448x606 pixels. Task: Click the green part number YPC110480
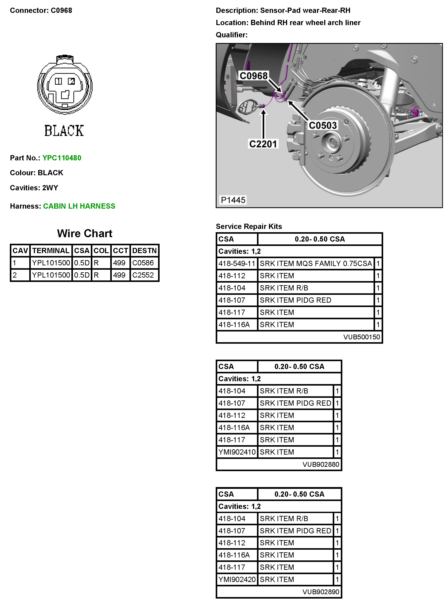tap(62, 158)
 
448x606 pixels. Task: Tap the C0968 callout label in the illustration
tap(253, 76)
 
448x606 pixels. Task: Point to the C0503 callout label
tap(323, 125)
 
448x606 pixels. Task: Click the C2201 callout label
tap(263, 144)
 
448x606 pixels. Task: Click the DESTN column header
tap(144, 251)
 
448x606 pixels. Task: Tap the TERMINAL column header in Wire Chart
tap(51, 251)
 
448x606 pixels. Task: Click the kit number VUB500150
tap(362, 337)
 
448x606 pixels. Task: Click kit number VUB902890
tap(321, 592)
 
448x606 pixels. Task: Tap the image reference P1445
tap(233, 200)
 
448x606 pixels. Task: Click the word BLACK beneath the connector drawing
tap(64, 131)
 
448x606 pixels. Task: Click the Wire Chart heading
tap(85, 233)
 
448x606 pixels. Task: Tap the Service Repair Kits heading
tap(249, 226)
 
